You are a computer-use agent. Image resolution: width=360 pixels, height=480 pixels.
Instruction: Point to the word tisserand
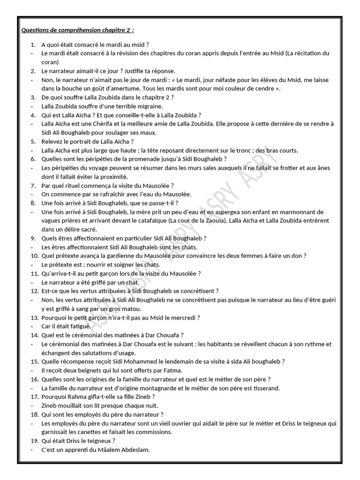pyautogui.click(x=266, y=388)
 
